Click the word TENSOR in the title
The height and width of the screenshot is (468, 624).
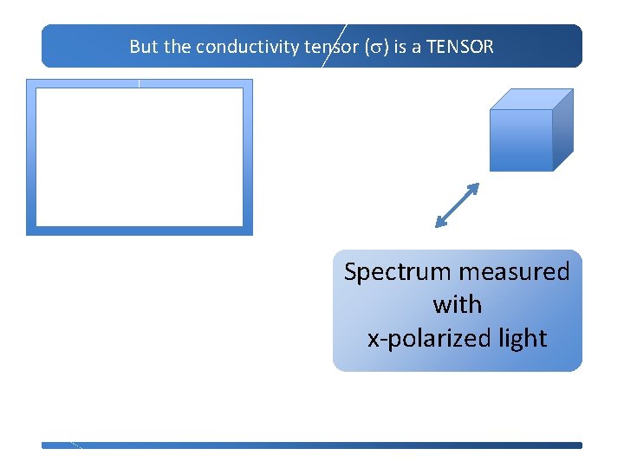click(459, 47)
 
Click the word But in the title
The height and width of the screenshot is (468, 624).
click(144, 47)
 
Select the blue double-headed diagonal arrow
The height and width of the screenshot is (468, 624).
click(457, 205)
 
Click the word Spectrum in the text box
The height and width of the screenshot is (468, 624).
click(397, 272)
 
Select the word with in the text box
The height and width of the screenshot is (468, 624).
click(457, 305)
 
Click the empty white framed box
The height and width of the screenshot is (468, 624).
click(139, 157)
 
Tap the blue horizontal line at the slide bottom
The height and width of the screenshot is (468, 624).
click(312, 445)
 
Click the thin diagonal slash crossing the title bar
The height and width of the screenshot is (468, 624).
click(334, 46)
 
